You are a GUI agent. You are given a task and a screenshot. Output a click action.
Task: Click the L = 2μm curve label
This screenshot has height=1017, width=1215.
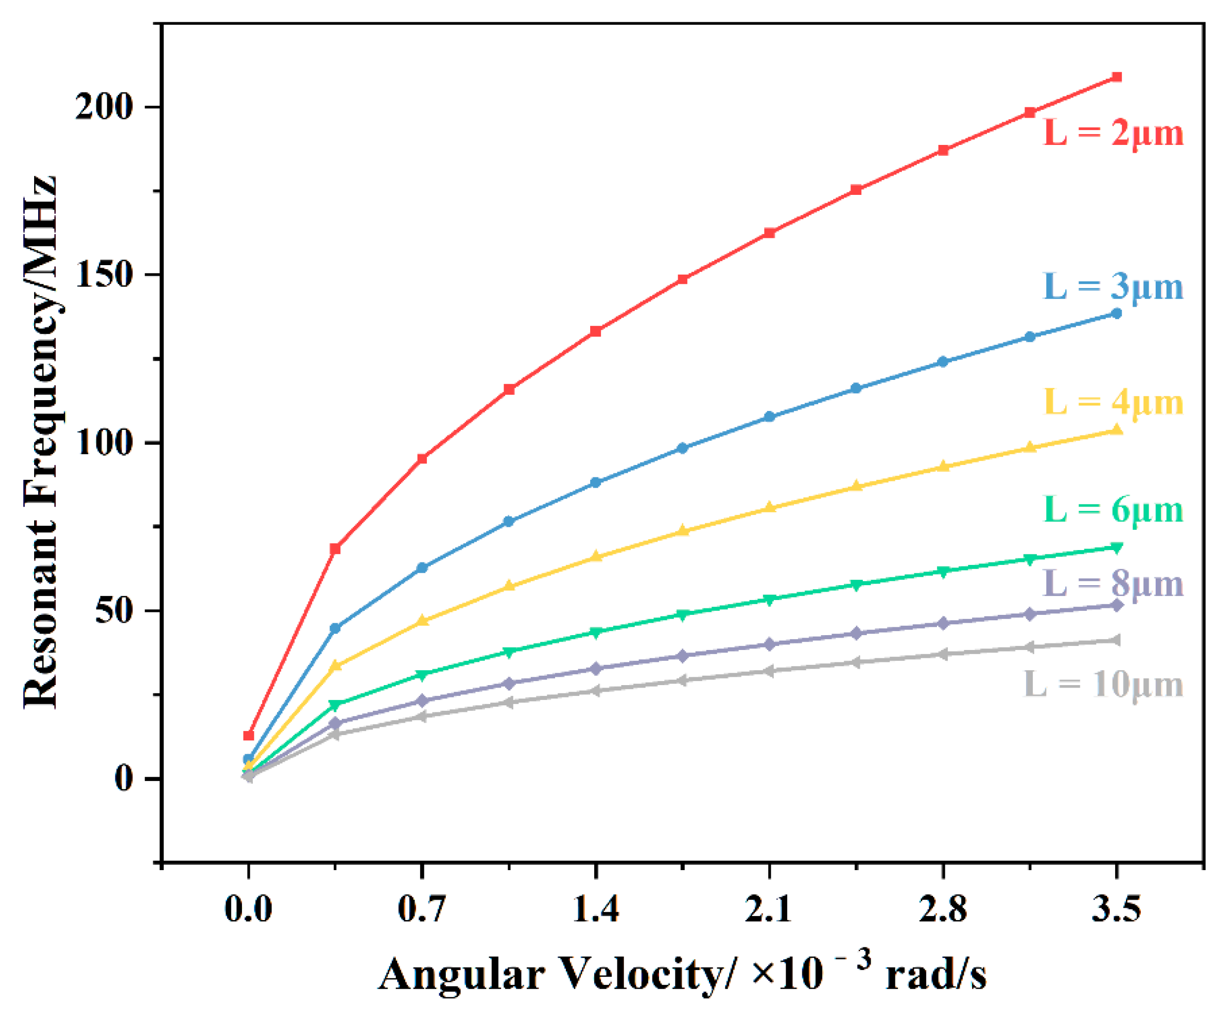[x=1113, y=134]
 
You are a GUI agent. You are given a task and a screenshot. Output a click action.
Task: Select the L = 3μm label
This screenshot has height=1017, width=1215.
[x=1113, y=287]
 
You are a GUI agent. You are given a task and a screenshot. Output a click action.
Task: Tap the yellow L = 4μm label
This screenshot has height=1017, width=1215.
[x=1113, y=403]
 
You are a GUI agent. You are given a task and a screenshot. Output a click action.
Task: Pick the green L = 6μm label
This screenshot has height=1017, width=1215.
[x=1113, y=510]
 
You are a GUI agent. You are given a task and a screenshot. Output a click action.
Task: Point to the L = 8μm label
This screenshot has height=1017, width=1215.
[x=1113, y=584]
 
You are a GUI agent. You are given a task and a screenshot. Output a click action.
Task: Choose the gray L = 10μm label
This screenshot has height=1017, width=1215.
[x=1103, y=685]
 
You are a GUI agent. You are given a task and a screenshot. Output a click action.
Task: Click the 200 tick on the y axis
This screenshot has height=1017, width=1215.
[x=104, y=108]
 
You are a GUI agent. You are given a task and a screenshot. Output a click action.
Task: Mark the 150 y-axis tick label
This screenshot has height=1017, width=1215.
[x=104, y=275]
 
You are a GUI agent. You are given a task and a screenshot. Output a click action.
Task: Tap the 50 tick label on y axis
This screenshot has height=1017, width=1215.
[x=114, y=611]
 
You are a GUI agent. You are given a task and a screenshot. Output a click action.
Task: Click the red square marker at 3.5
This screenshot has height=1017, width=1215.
[x=1117, y=78]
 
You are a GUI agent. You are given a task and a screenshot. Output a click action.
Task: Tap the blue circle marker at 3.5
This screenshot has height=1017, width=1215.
[x=1117, y=314]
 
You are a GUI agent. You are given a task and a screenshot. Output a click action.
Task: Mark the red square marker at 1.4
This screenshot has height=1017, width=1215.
[x=596, y=331]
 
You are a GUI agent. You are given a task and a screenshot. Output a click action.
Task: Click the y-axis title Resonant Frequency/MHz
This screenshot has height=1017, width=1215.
[x=41, y=443]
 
